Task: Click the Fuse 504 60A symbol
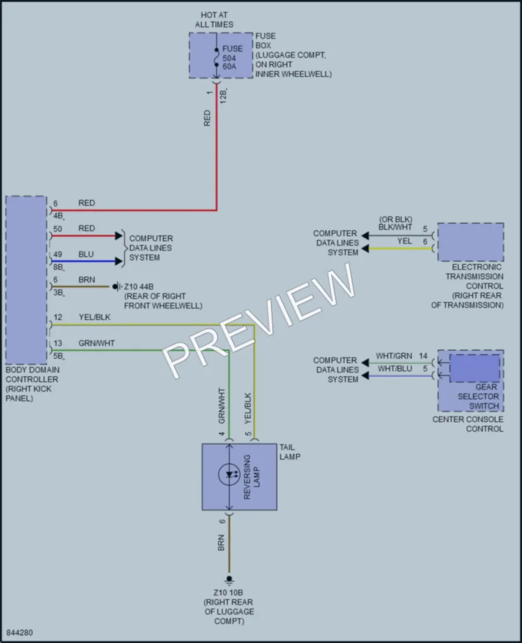click(x=216, y=57)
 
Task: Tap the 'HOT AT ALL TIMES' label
click(x=214, y=20)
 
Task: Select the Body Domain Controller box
click(x=26, y=280)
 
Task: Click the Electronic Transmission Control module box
click(x=471, y=242)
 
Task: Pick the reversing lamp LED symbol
click(x=229, y=474)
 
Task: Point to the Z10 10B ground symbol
click(x=229, y=580)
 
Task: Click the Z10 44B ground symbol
click(x=117, y=287)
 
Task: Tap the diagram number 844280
click(x=20, y=632)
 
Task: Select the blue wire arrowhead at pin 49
click(x=119, y=262)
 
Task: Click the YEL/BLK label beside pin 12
click(x=95, y=317)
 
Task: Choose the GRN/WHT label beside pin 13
click(x=96, y=343)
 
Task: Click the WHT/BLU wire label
click(x=395, y=369)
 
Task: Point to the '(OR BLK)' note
click(x=395, y=220)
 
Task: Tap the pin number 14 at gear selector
click(x=423, y=356)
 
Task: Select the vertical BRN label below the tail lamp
click(x=221, y=543)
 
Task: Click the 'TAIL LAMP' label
click(x=290, y=452)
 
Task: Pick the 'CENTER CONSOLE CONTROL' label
click(x=468, y=424)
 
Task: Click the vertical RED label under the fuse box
click(x=207, y=118)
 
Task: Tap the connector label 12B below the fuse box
click(x=223, y=96)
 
